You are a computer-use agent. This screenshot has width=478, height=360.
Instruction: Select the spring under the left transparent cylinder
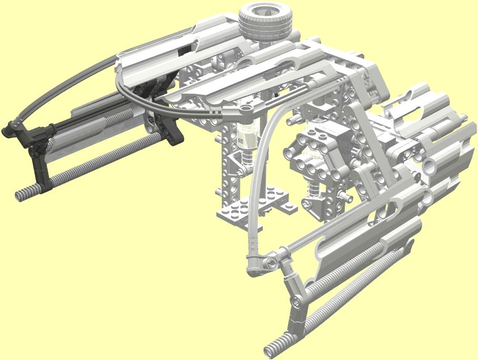click(x=245, y=161)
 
